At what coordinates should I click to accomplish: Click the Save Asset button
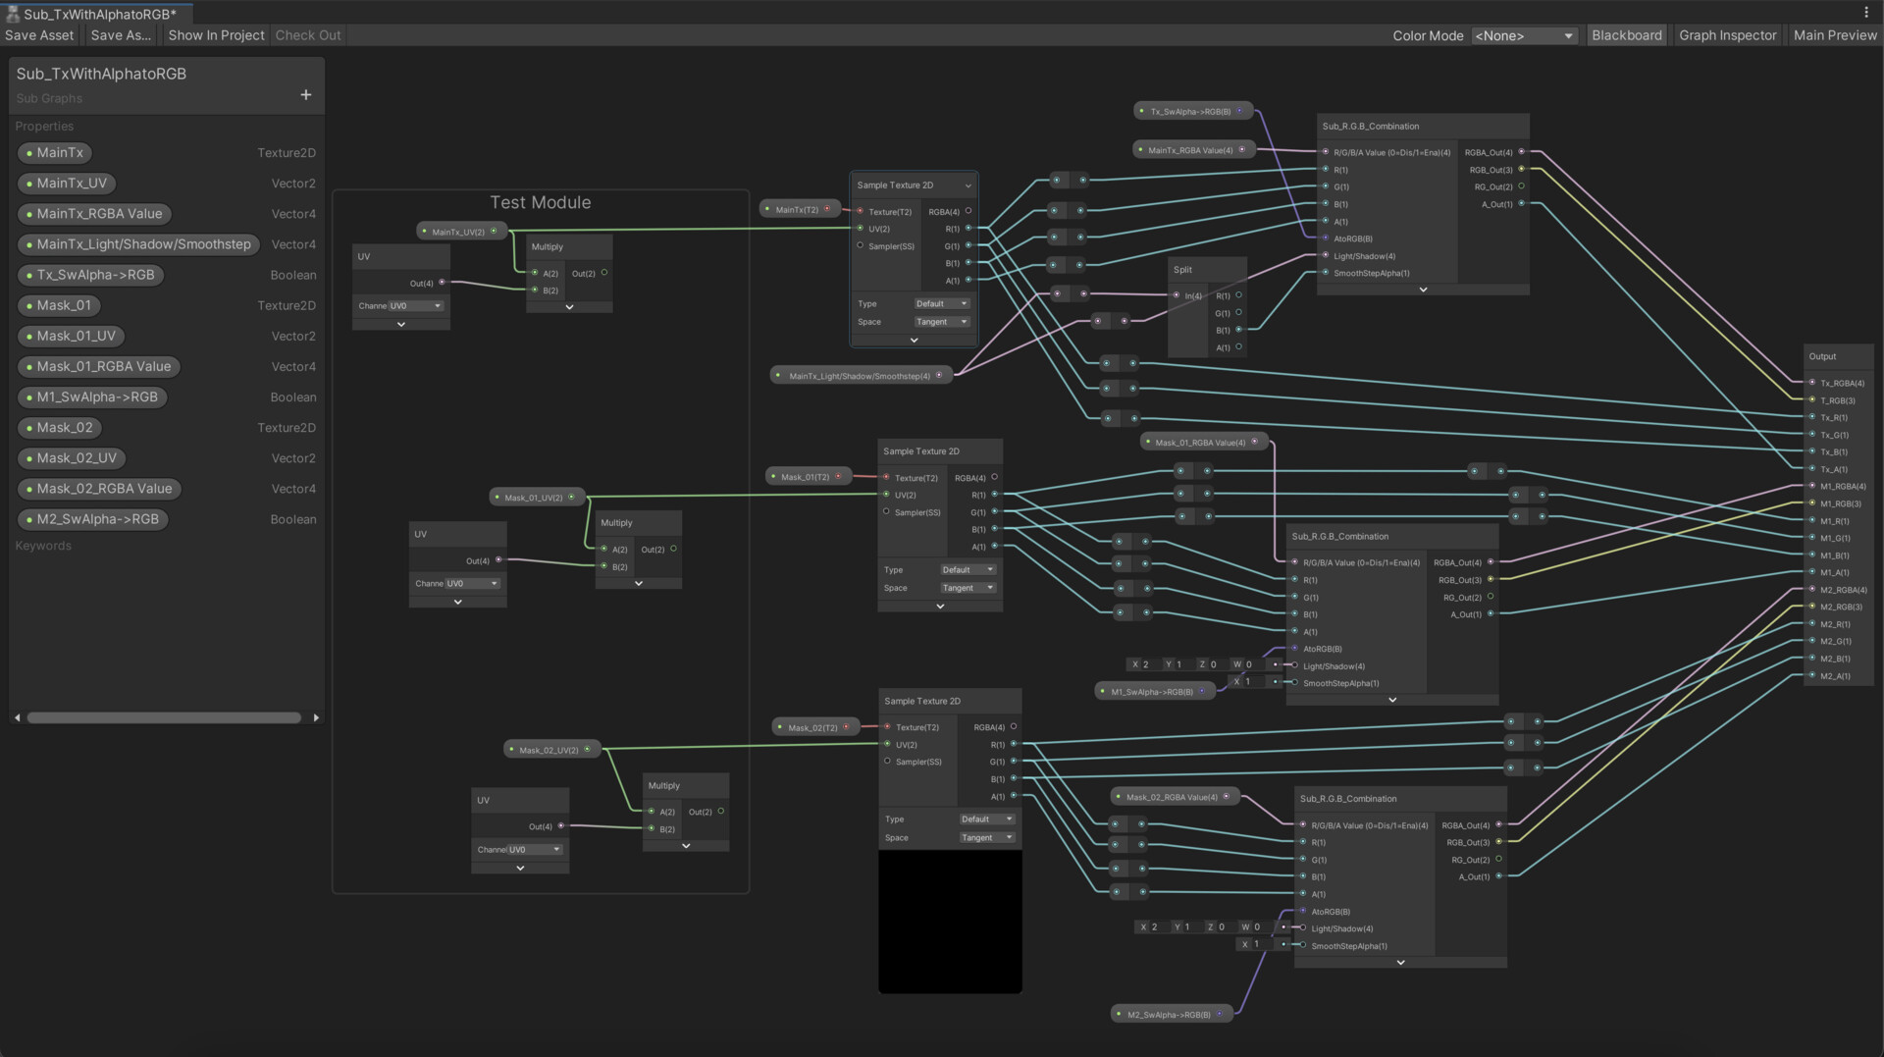(39, 35)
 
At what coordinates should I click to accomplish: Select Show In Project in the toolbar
(216, 35)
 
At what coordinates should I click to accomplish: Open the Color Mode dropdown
(1524, 35)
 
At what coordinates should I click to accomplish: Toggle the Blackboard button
(1626, 35)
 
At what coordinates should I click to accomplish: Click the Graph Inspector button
(1727, 35)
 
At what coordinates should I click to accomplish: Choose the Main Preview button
(1835, 35)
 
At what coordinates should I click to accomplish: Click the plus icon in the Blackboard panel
(306, 95)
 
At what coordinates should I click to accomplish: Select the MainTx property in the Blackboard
(60, 153)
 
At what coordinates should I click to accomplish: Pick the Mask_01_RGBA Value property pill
(103, 367)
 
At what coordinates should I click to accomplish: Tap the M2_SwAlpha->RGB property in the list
(97, 519)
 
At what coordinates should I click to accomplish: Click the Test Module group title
(541, 203)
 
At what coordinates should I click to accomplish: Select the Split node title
(1183, 270)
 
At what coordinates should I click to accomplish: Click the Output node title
(1822, 356)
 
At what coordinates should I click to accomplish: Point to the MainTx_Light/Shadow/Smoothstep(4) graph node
(860, 376)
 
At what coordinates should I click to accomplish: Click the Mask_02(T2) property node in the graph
(812, 727)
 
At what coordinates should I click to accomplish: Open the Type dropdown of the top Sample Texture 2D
(941, 304)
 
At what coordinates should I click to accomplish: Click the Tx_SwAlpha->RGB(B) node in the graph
(1190, 112)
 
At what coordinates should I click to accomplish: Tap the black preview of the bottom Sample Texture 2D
(950, 921)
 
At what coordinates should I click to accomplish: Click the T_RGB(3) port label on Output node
(1839, 400)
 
